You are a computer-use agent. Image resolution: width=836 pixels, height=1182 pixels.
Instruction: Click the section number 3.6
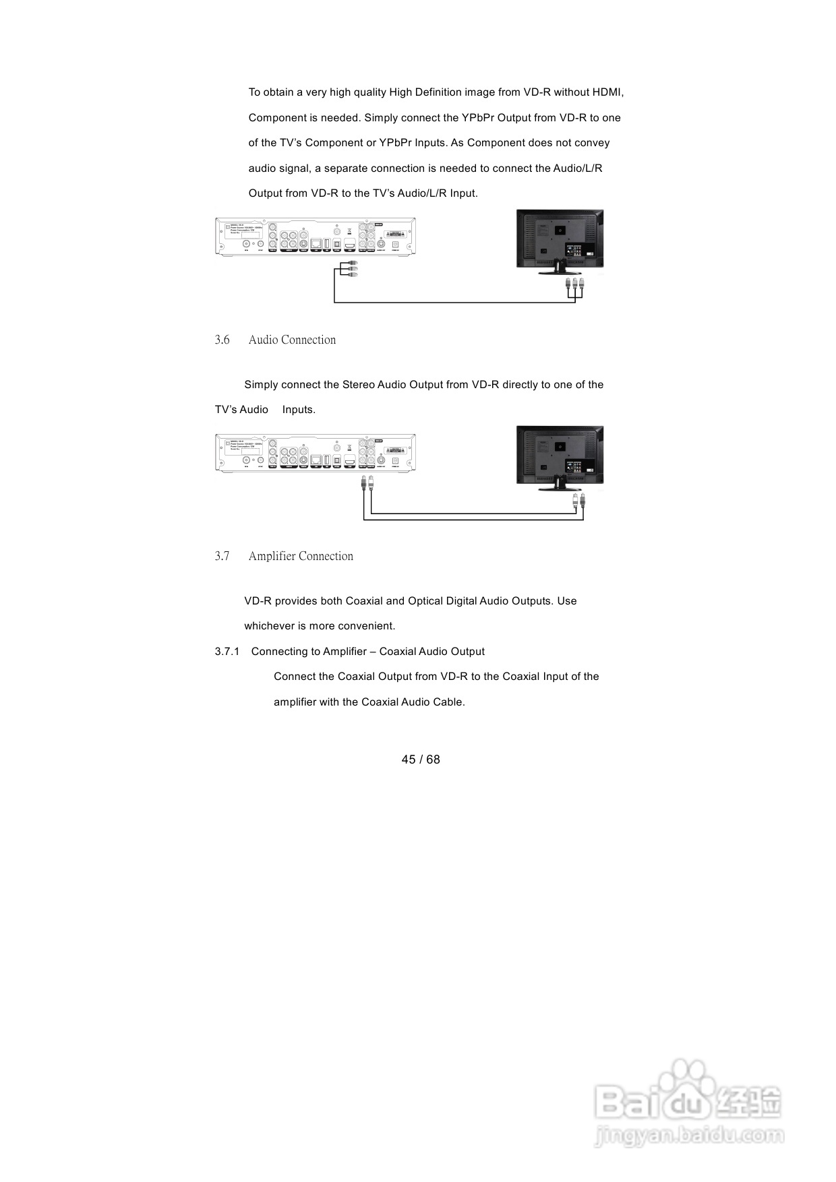click(x=222, y=340)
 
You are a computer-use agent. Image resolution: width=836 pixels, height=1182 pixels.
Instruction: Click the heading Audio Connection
click(x=292, y=340)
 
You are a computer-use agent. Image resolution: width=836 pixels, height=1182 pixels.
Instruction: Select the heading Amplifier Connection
click(x=301, y=557)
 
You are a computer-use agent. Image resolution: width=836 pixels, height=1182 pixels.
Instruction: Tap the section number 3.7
click(x=222, y=557)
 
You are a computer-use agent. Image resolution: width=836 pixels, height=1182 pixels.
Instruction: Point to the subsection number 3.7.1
click(x=227, y=652)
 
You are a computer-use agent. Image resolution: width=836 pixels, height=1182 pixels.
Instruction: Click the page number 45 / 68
click(x=421, y=759)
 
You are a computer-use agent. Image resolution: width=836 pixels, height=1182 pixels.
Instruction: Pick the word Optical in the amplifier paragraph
click(x=425, y=601)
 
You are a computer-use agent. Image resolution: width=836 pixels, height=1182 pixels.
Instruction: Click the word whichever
click(x=269, y=626)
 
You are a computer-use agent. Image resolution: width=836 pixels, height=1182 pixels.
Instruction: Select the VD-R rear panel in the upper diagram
click(x=315, y=237)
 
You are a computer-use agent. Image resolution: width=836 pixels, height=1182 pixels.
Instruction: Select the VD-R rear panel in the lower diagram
click(x=315, y=453)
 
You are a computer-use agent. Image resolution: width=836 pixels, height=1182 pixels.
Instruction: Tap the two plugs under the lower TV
click(x=578, y=500)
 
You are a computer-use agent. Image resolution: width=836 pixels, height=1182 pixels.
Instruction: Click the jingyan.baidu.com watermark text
click(x=689, y=1136)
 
